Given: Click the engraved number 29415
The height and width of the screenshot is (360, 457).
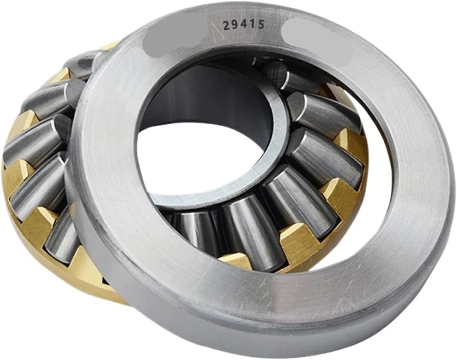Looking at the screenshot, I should pyautogui.click(x=244, y=25).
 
